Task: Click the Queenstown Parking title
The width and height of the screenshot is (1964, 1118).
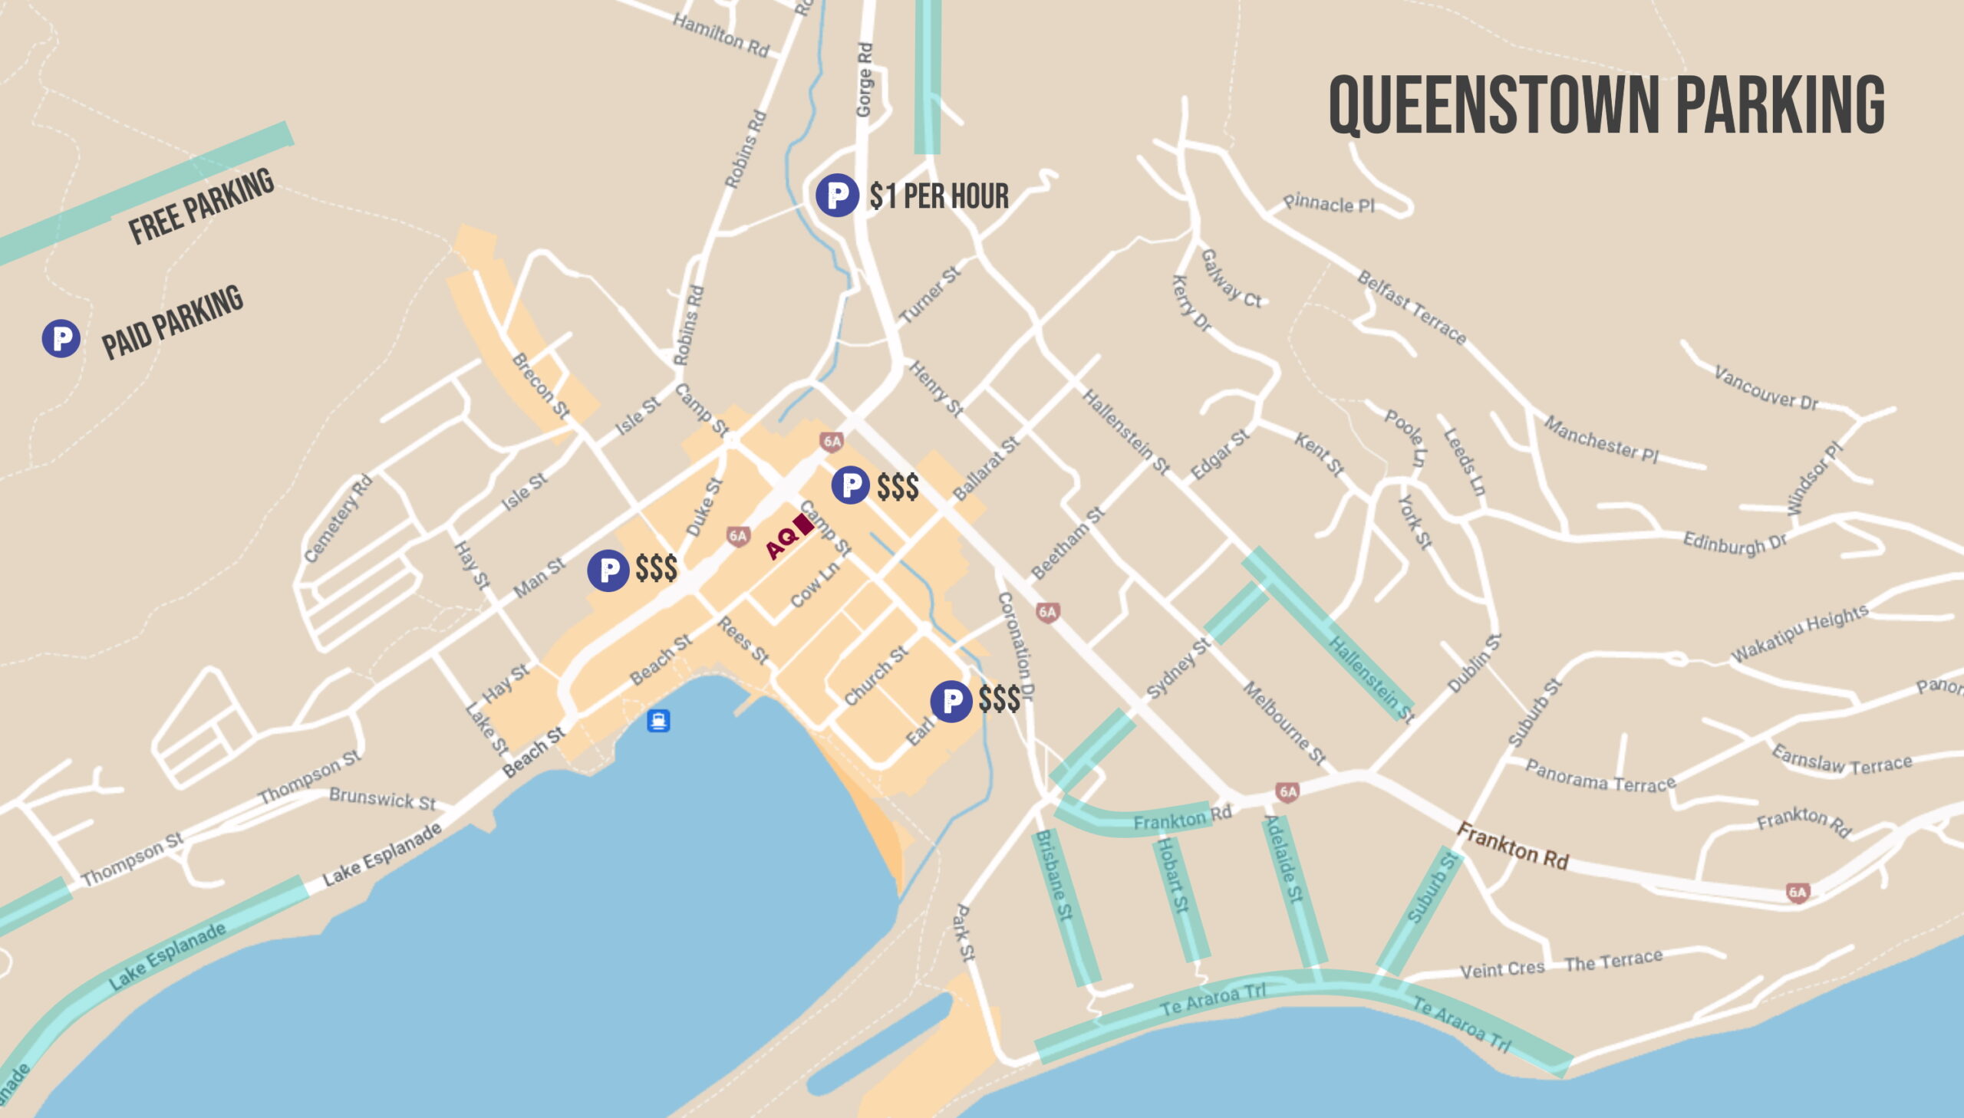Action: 1606,105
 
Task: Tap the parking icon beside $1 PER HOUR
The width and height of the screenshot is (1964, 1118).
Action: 836,195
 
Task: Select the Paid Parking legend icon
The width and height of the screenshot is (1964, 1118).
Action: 61,339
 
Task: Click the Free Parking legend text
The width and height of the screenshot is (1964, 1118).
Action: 200,206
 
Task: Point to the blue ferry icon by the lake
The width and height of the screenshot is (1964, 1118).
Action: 658,720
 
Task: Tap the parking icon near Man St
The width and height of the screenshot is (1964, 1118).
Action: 608,570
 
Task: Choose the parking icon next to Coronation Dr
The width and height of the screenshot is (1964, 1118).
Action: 951,700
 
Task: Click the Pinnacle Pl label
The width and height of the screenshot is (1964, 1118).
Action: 1328,204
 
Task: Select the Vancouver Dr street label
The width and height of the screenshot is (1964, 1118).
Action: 1766,389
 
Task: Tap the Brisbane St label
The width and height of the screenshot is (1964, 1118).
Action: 1053,875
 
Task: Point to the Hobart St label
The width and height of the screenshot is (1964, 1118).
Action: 1172,875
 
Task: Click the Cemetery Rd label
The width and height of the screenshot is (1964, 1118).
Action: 338,518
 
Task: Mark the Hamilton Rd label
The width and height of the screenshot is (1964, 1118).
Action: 720,35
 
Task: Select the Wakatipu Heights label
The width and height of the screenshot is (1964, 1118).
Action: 1798,633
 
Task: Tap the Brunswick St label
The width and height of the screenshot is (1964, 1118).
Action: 382,798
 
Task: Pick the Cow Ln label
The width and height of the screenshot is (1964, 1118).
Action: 814,584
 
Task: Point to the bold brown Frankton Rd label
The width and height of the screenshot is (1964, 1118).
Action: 1511,847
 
